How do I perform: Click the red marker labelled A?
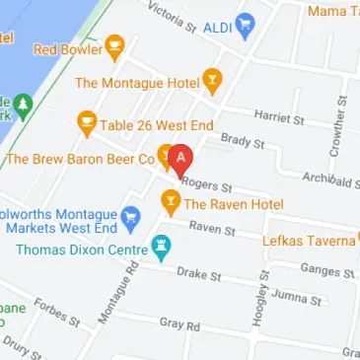(180, 159)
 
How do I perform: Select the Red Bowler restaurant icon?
(114, 45)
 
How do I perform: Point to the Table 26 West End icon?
(87, 123)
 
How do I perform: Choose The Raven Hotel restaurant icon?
(171, 203)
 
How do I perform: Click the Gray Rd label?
(180, 324)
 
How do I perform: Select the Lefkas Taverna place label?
(308, 241)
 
